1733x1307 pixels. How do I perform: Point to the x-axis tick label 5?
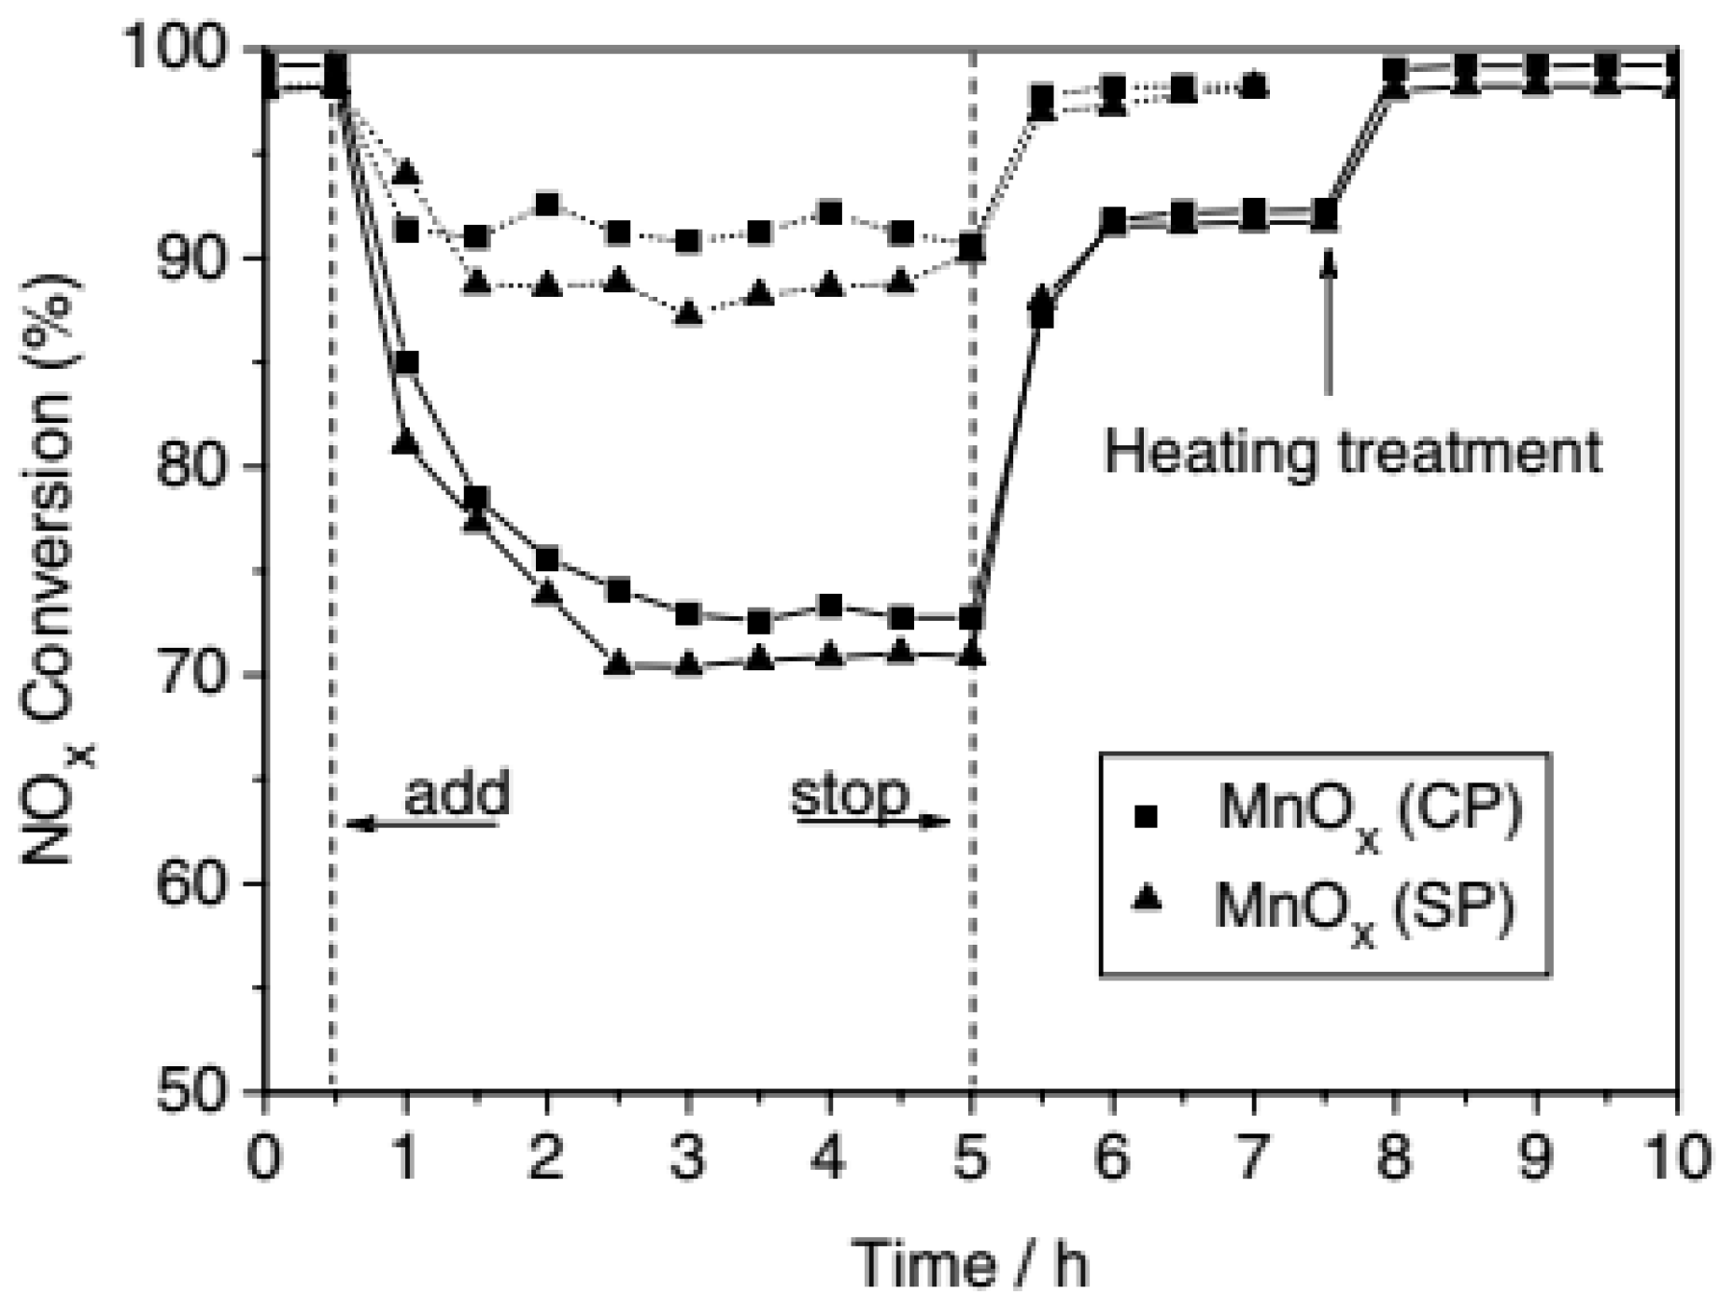972,1157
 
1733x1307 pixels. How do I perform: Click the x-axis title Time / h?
972,1265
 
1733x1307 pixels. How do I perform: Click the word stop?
851,796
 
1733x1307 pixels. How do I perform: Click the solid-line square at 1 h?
405,362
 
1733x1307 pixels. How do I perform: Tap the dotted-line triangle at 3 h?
688,314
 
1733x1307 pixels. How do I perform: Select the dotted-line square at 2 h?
547,204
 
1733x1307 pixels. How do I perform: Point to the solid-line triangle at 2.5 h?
617,665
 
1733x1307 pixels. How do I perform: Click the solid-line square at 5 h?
972,618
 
